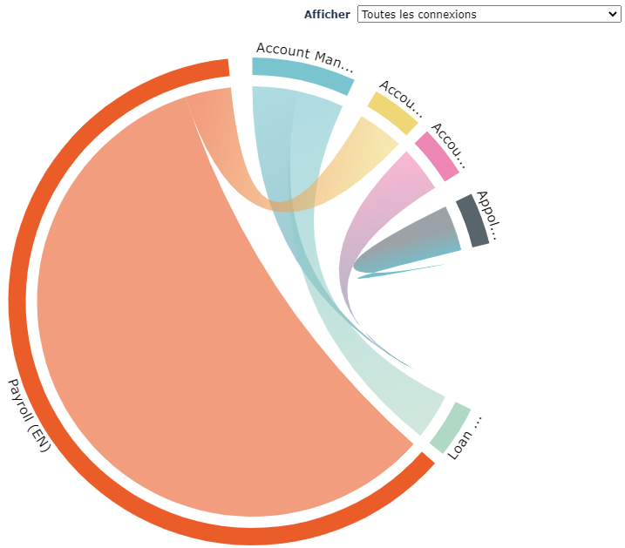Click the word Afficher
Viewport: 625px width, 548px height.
[x=327, y=14]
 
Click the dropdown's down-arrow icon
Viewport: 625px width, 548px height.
[x=611, y=14]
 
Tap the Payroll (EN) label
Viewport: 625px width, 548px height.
[x=29, y=415]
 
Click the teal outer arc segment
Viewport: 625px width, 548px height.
[x=302, y=74]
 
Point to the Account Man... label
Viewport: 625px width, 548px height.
[x=305, y=56]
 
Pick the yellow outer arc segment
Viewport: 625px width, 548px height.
[x=392, y=112]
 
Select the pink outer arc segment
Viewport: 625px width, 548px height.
[x=437, y=155]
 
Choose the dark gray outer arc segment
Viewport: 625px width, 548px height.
[x=472, y=220]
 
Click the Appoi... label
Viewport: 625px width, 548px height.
[x=488, y=214]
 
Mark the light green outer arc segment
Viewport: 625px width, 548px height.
[x=450, y=427]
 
